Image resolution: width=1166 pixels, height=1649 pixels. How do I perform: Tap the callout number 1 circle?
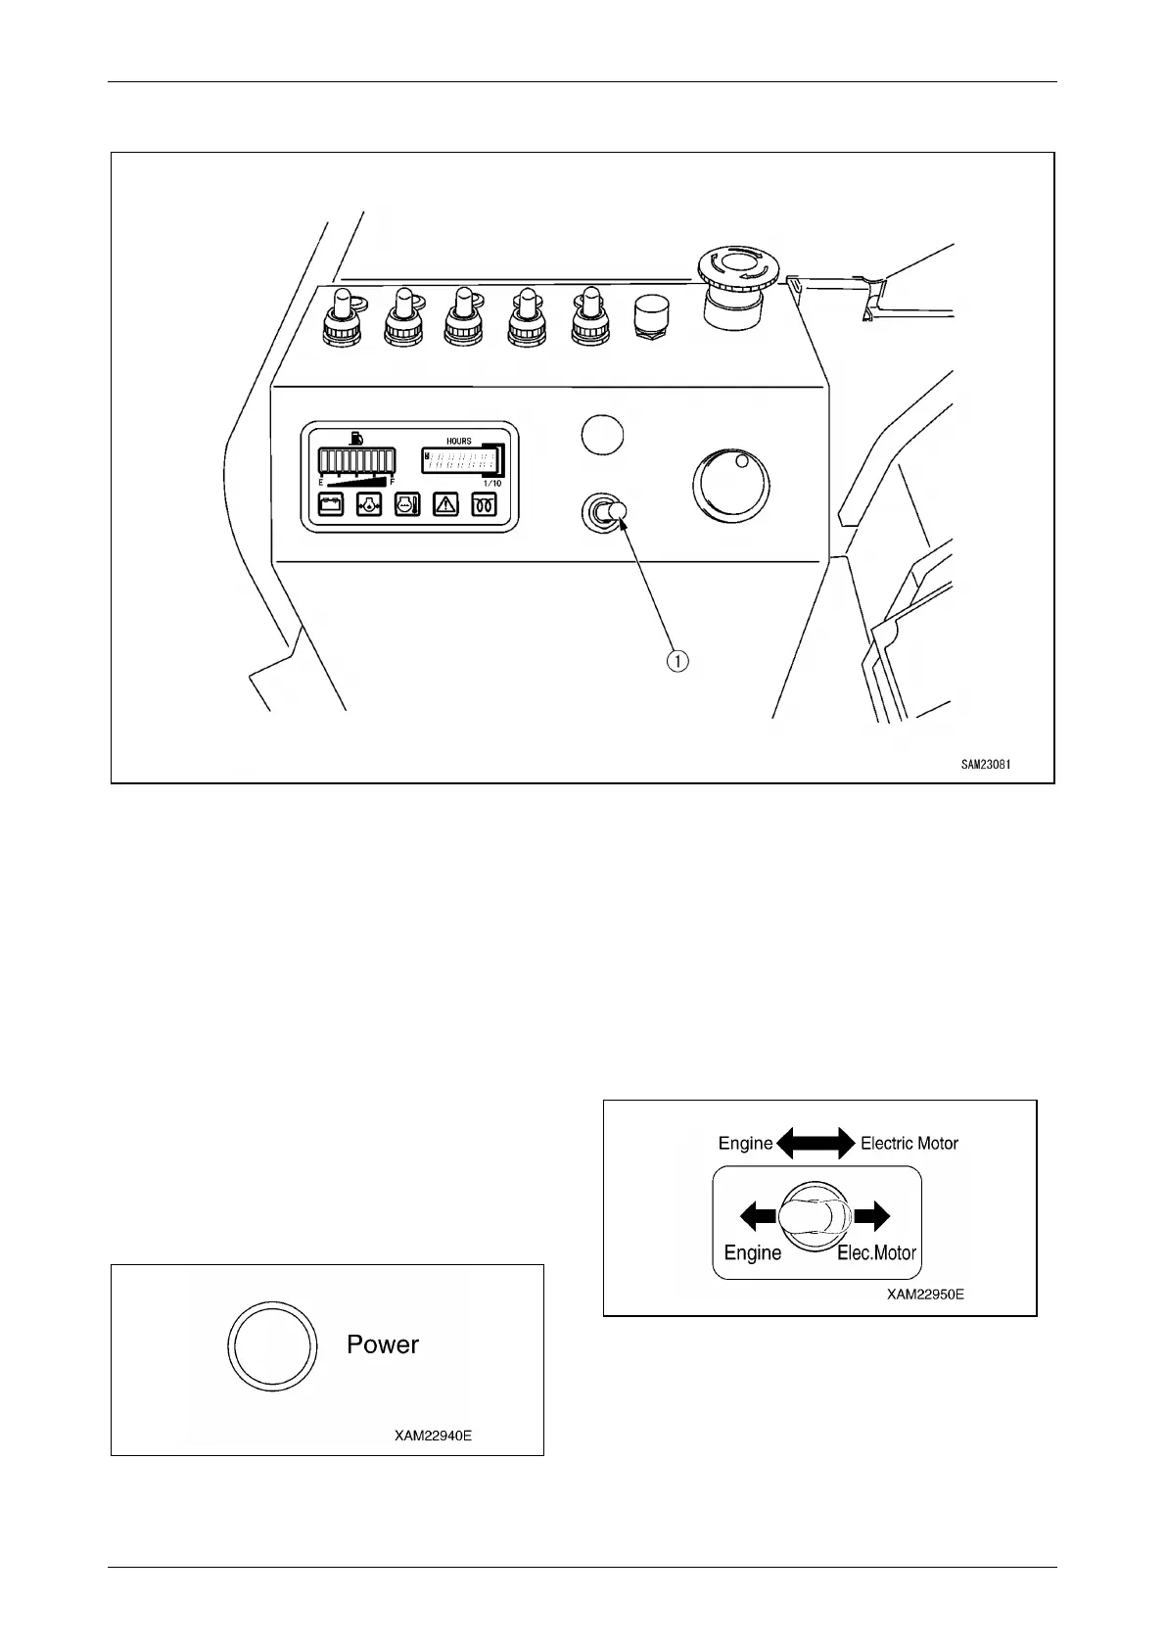tap(677, 661)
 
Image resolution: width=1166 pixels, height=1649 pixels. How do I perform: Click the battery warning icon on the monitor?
tap(330, 505)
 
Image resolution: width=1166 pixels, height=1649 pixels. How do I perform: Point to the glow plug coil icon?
tap(485, 505)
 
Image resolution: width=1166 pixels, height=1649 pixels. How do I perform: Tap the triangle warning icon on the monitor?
tap(445, 505)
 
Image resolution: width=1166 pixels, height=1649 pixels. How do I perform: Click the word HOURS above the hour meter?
tap(459, 442)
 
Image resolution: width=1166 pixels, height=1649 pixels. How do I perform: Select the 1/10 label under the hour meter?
tap(492, 484)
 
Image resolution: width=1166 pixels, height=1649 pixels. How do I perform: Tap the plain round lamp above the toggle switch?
tap(602, 434)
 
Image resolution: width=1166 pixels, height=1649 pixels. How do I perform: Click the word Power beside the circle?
tap(383, 1344)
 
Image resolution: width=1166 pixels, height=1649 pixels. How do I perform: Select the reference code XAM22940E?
tap(433, 1437)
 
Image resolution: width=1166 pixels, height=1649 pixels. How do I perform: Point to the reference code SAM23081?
tap(985, 765)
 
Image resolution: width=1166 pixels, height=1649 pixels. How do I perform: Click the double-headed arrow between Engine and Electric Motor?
tap(816, 1143)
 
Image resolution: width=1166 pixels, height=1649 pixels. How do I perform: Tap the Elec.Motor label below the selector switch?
tap(876, 1252)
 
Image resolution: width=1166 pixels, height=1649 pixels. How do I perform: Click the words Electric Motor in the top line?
tap(909, 1143)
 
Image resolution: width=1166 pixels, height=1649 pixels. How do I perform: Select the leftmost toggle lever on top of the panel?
tap(343, 315)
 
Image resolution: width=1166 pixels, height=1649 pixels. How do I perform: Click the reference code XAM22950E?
tap(925, 1295)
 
